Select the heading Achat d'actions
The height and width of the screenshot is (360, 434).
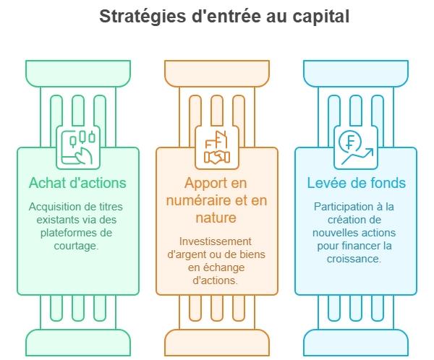[x=77, y=182]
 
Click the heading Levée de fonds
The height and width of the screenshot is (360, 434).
[x=356, y=182]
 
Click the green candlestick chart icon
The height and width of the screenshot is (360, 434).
[x=78, y=147]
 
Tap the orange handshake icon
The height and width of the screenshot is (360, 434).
[x=216, y=147]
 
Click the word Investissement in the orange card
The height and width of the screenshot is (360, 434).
[x=216, y=241]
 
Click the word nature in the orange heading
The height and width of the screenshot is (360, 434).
[x=216, y=217]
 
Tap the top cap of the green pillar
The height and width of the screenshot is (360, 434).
[x=78, y=73]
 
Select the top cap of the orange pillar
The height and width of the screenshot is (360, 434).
[x=216, y=73]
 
